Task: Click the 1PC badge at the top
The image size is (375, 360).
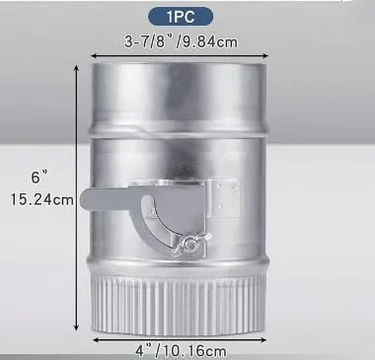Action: tap(181, 17)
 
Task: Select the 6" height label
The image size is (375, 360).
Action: tap(39, 178)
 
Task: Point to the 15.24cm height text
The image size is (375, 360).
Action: tap(41, 199)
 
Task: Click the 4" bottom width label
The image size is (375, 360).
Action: tap(144, 351)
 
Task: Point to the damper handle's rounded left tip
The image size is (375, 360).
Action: tap(85, 199)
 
